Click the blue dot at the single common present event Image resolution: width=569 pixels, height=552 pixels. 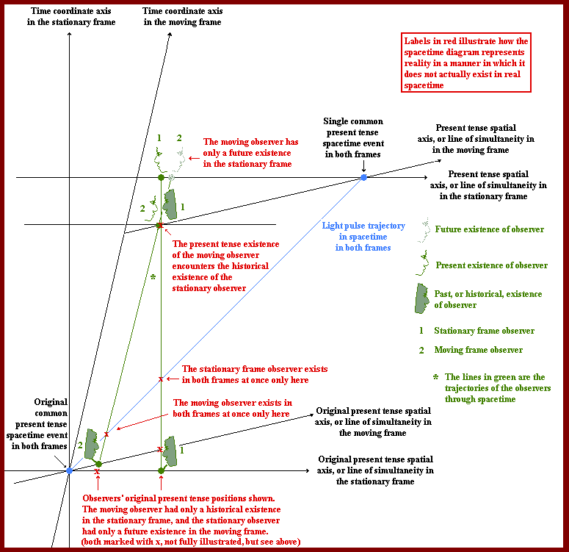(363, 178)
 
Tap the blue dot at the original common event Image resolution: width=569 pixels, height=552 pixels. (69, 470)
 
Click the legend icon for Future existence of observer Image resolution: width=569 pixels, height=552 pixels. (422, 229)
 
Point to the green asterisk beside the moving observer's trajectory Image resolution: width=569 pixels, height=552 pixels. (153, 278)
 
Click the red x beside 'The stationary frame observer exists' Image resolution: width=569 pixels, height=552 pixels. (161, 379)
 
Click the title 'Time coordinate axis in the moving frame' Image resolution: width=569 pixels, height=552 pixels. (181, 17)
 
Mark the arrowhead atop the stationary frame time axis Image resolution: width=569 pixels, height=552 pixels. (69, 35)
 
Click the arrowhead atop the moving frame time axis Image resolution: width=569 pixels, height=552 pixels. (170, 35)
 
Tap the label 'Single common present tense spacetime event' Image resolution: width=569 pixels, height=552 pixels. (352, 138)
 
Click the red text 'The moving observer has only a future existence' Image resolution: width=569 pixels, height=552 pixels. (247, 153)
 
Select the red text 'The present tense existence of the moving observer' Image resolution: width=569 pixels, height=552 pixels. (225, 266)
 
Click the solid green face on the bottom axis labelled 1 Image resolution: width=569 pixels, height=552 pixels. (170, 451)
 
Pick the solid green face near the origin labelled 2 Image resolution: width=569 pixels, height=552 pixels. (93, 443)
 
